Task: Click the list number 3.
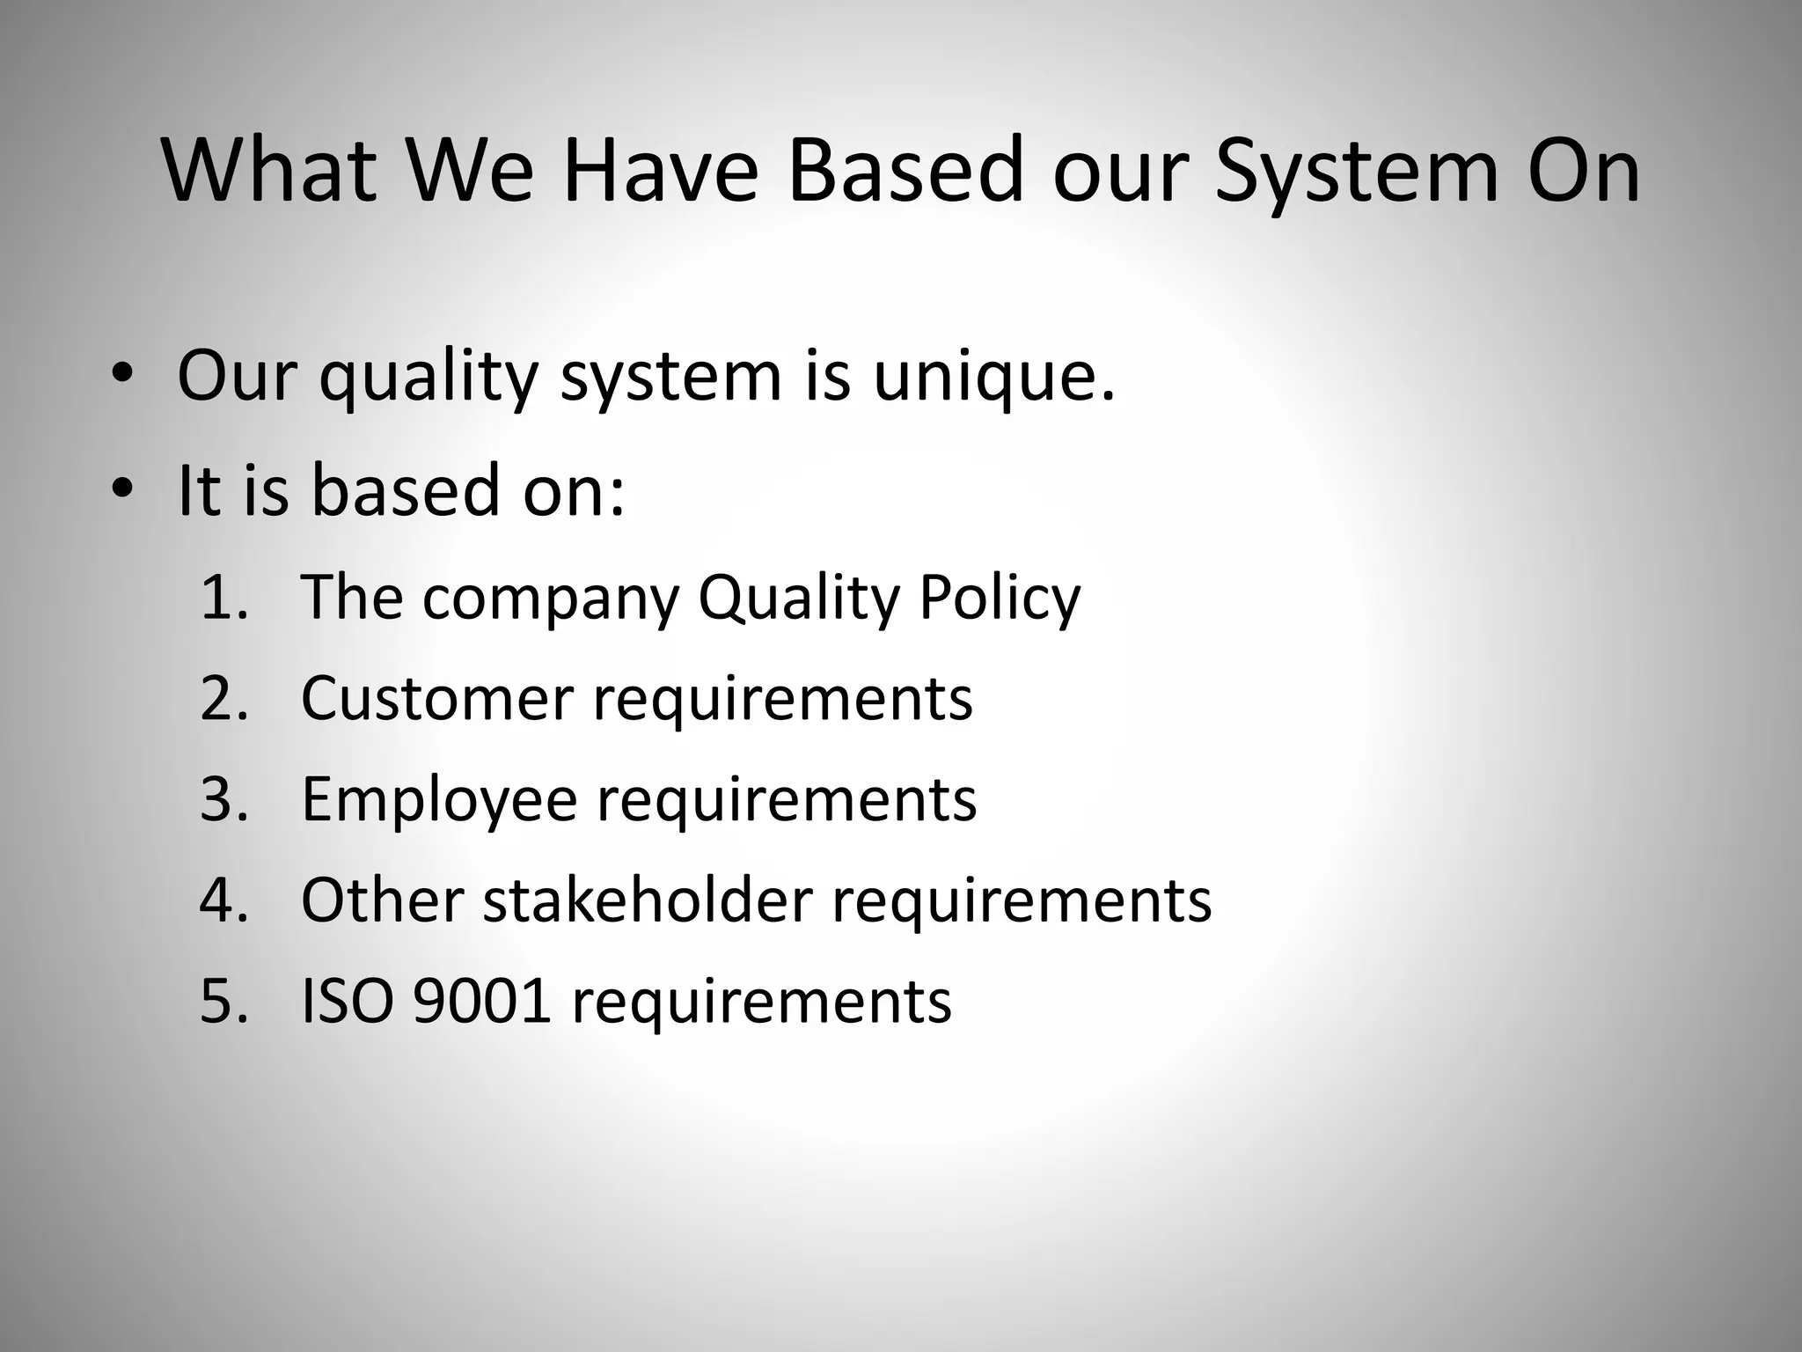click(223, 799)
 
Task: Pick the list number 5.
click(223, 1002)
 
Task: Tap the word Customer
click(437, 699)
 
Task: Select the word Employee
click(439, 799)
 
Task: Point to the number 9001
click(482, 1002)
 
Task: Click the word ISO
click(347, 1002)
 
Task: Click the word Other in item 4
click(382, 900)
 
